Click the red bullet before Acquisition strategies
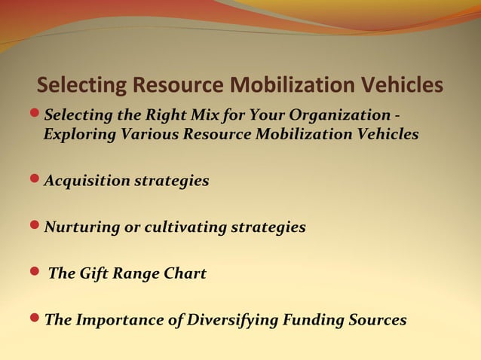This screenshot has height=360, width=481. [35, 181]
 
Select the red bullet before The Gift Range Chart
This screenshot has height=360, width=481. [35, 273]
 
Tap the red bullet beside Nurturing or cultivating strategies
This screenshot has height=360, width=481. [35, 227]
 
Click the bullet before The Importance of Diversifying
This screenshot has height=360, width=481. [35, 320]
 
